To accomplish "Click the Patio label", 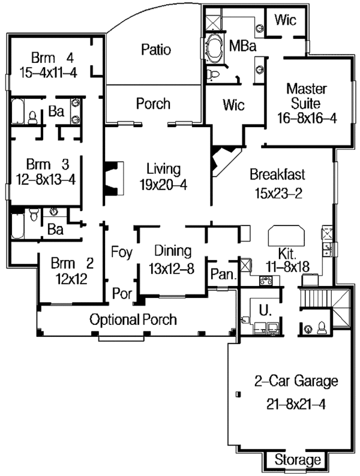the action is [156, 50].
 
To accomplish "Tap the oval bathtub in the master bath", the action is [214, 48].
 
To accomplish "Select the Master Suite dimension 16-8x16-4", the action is [307, 118].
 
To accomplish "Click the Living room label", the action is [163, 169].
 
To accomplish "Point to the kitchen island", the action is [286, 236].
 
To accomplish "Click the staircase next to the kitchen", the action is [315, 299].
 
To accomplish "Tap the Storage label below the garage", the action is [298, 460].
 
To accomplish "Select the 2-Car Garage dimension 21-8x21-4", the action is [296, 404].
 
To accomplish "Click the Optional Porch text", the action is [133, 320].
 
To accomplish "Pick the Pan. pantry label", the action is [223, 274].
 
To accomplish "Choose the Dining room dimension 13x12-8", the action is [172, 269].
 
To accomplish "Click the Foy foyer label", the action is [122, 252].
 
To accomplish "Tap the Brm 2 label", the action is [72, 263].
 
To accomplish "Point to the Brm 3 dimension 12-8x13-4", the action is [46, 180].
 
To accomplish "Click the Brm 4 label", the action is [53, 58].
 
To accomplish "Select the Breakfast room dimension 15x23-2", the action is [278, 193].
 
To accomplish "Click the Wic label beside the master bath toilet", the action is [233, 105].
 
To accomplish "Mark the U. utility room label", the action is [265, 311].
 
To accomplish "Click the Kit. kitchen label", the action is [287, 253].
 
